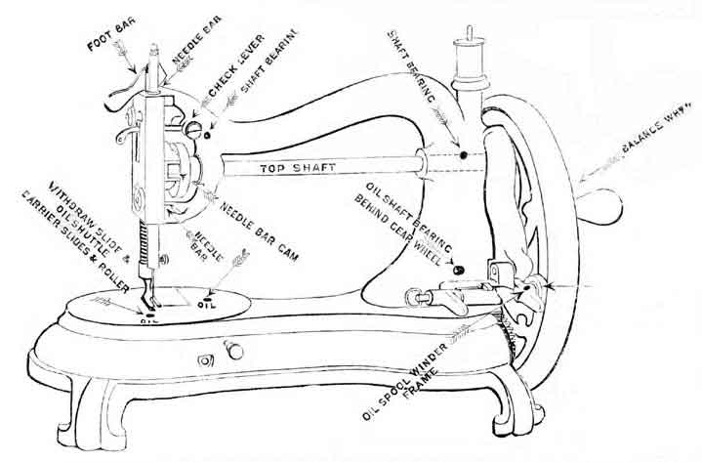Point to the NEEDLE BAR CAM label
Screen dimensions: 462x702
[x=259, y=234]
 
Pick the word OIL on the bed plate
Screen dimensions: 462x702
[x=207, y=303]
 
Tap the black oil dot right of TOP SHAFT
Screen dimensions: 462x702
[x=464, y=154]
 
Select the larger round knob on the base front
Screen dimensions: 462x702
[x=234, y=350]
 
